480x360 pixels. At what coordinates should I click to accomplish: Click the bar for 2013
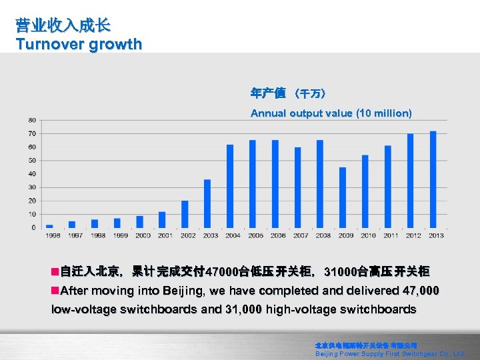(433, 179)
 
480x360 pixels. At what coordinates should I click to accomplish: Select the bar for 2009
(343, 197)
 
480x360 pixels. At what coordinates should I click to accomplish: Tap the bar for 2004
(230, 186)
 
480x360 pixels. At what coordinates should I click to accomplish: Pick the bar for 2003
(207, 203)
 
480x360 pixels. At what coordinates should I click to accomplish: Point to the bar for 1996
(49, 226)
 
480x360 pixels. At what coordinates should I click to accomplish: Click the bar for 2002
(185, 214)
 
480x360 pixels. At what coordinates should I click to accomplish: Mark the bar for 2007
(297, 187)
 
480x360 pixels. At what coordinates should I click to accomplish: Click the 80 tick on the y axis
(32, 120)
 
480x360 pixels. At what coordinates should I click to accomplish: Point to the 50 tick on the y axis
(32, 161)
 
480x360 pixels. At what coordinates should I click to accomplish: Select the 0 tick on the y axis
(34, 228)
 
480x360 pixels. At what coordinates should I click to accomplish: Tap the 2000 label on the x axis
(143, 235)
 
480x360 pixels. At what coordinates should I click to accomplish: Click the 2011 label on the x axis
(391, 235)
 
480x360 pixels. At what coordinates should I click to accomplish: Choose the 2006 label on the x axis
(278, 235)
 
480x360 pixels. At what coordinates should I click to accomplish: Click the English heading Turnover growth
(79, 45)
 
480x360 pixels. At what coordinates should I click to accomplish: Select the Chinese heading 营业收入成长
(63, 26)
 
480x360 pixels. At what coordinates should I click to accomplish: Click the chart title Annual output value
(331, 113)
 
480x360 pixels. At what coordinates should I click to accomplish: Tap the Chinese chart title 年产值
(268, 93)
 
